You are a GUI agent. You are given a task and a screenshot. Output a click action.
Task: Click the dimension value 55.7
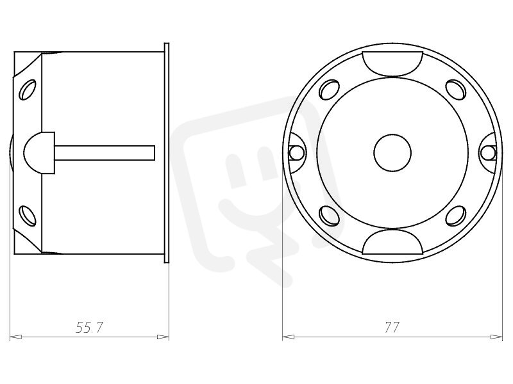point(89,327)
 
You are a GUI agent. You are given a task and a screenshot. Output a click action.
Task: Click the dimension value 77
point(392,327)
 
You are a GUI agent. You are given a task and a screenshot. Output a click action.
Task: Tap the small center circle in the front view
point(392,152)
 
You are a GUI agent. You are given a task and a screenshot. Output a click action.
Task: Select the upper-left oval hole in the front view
point(329,90)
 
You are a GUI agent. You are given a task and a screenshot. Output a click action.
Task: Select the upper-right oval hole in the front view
point(456,90)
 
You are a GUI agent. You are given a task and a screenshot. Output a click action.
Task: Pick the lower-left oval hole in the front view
point(329,216)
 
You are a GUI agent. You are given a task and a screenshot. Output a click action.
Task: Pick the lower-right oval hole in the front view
point(456,216)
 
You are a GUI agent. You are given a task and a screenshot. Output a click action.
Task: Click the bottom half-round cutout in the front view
point(392,241)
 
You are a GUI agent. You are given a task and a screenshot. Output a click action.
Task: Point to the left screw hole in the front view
point(297,152)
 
